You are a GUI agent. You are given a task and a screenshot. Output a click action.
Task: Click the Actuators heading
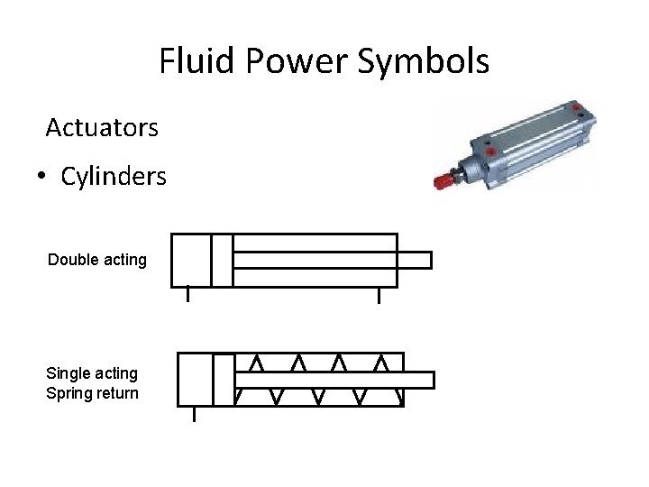pos(102,128)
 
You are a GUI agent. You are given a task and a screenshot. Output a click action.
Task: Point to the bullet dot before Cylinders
pos(42,177)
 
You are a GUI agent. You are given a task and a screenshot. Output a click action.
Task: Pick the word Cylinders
pos(114,177)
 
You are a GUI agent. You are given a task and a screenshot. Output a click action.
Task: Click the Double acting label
pos(97,260)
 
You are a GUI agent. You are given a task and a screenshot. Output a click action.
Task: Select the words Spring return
pos(92,393)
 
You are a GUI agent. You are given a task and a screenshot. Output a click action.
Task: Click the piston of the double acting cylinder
pos(222,260)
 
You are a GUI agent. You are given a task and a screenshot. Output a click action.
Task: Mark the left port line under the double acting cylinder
pos(187,294)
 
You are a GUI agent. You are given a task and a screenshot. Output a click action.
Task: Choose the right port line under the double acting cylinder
pos(379,294)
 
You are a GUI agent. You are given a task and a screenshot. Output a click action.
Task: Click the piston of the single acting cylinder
pos(224,379)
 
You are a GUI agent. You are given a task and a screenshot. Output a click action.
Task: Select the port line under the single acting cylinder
pos(194,413)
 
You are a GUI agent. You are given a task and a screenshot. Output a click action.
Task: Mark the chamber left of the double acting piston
pos(191,260)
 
